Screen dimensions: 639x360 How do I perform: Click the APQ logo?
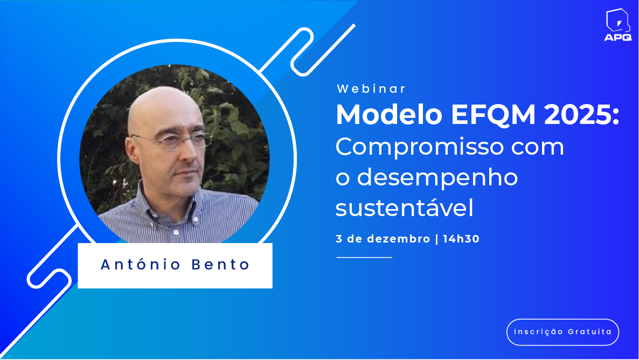[618, 25]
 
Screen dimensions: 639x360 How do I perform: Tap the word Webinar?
[371, 89]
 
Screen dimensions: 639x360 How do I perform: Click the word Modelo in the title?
[389, 115]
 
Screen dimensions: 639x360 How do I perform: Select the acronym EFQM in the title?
[492, 115]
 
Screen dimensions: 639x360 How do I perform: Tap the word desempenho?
[437, 178]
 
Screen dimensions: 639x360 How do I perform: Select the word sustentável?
[404, 207]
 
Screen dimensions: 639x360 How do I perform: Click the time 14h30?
[461, 239]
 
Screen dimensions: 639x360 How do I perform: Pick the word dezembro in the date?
[399, 239]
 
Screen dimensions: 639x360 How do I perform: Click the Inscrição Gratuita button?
[563, 332]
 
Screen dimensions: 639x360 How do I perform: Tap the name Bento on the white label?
[220, 265]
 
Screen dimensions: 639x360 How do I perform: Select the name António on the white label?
[141, 264]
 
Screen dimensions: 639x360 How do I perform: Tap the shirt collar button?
[176, 232]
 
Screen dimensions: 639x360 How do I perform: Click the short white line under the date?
[364, 257]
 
